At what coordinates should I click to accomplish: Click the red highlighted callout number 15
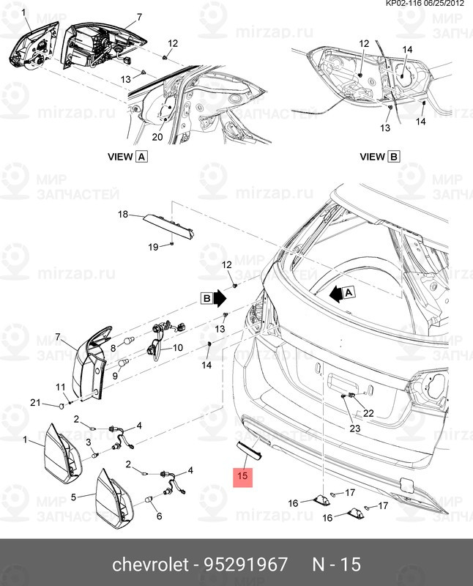pyautogui.click(x=243, y=477)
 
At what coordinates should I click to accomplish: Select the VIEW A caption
pyautogui.click(x=127, y=156)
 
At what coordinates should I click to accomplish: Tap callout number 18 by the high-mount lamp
pyautogui.click(x=123, y=214)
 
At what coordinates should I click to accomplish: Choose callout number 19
pyautogui.click(x=153, y=247)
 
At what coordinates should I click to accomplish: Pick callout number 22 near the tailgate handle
pyautogui.click(x=368, y=412)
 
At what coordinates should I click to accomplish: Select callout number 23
pyautogui.click(x=354, y=428)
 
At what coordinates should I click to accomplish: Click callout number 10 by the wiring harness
pyautogui.click(x=179, y=349)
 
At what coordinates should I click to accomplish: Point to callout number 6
pyautogui.click(x=159, y=515)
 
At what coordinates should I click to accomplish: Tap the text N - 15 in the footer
pyautogui.click(x=337, y=565)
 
